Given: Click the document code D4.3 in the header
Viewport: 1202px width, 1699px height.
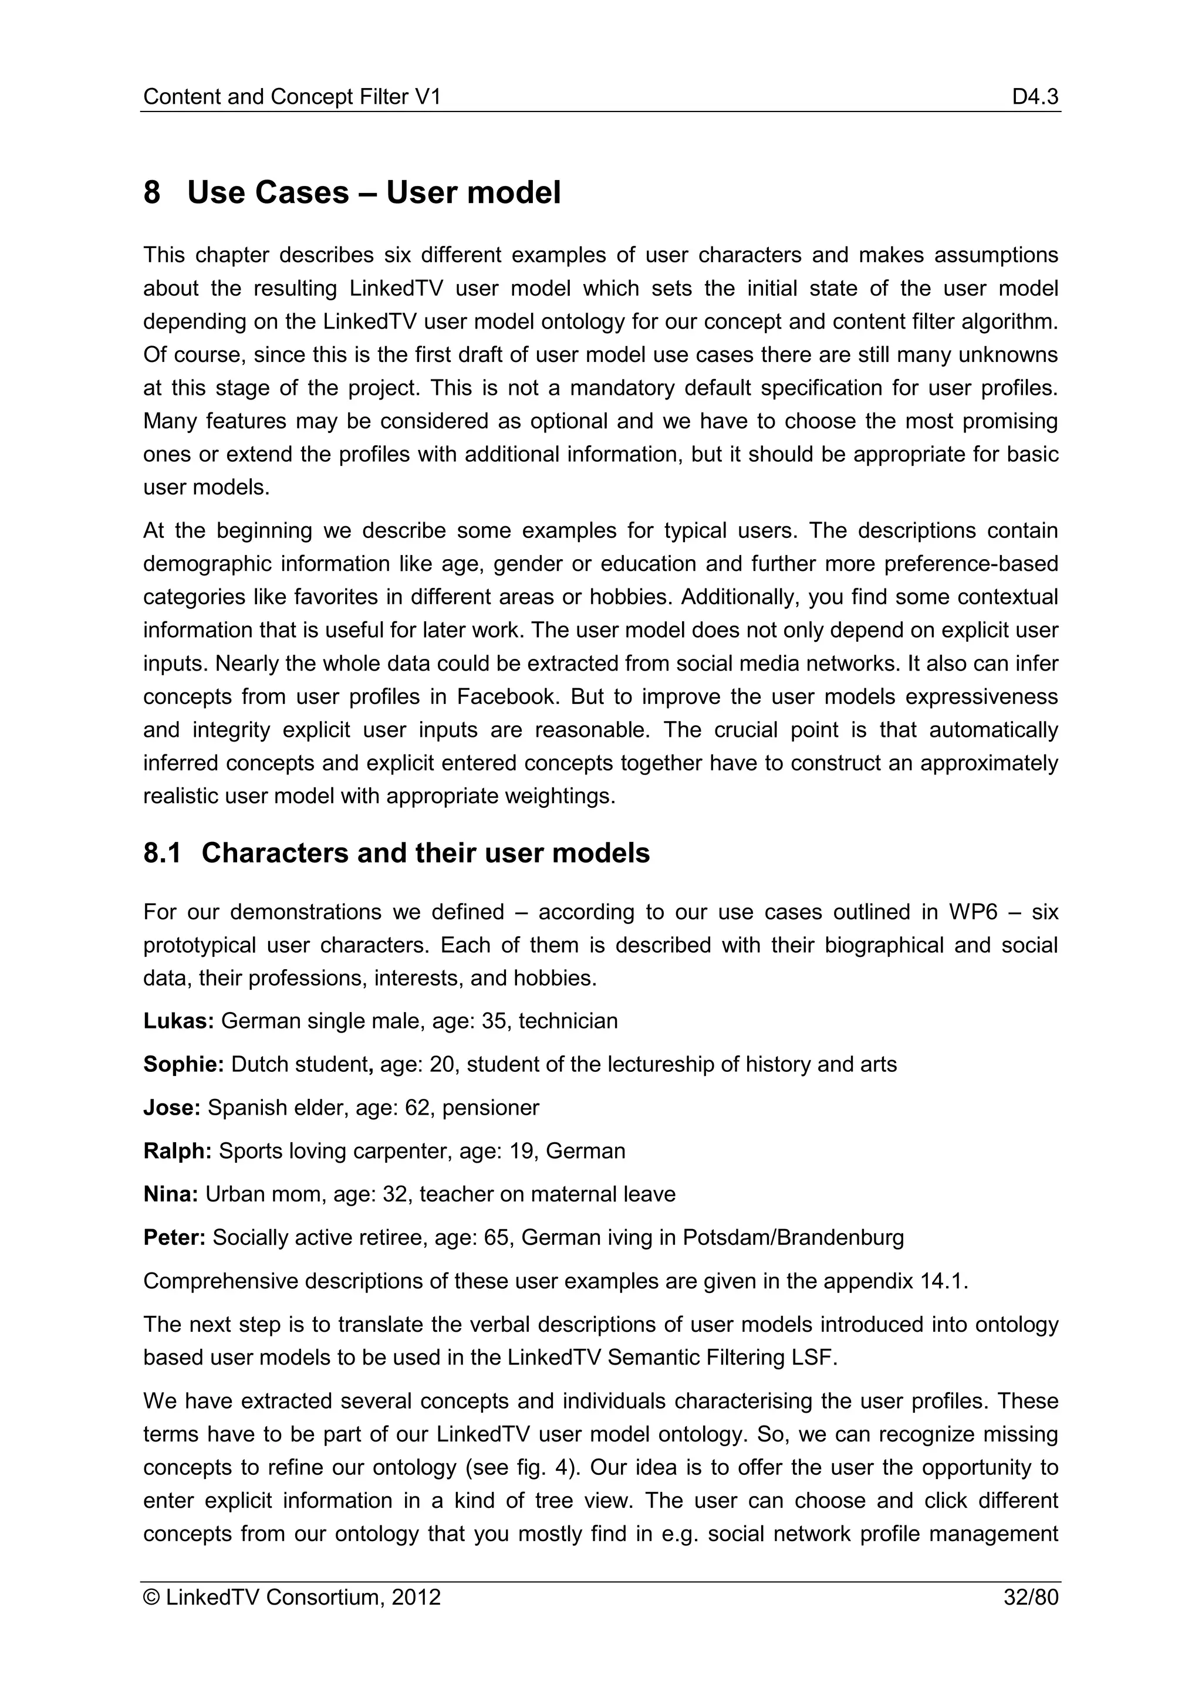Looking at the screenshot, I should click(x=1035, y=97).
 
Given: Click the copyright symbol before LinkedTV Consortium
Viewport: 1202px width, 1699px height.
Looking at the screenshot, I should click(x=152, y=1598).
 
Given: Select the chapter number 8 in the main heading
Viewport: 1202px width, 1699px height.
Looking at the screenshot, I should click(x=152, y=192).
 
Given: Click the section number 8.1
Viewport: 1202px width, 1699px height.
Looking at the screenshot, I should click(x=162, y=853).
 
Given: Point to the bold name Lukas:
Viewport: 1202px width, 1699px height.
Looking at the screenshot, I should click(x=178, y=1021).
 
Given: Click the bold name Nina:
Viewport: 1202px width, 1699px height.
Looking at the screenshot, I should click(x=170, y=1194).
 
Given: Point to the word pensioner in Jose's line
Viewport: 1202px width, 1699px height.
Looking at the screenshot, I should click(x=491, y=1108).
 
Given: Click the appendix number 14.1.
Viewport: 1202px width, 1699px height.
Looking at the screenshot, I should click(x=944, y=1281).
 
